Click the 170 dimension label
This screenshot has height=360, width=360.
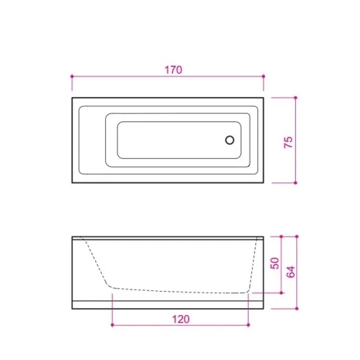coord(174,70)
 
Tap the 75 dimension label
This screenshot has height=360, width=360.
coord(288,142)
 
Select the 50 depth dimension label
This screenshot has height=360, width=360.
coord(275,263)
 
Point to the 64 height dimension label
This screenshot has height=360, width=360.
coord(291,272)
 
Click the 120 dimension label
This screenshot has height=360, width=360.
coord(181,319)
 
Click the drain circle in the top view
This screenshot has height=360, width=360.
coord(229,140)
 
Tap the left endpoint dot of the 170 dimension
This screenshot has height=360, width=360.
coord(72,76)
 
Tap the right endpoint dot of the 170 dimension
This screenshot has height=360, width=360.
coord(263,76)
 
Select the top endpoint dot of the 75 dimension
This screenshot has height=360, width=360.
coord(296,98)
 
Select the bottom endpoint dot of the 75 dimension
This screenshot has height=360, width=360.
coord(296,183)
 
